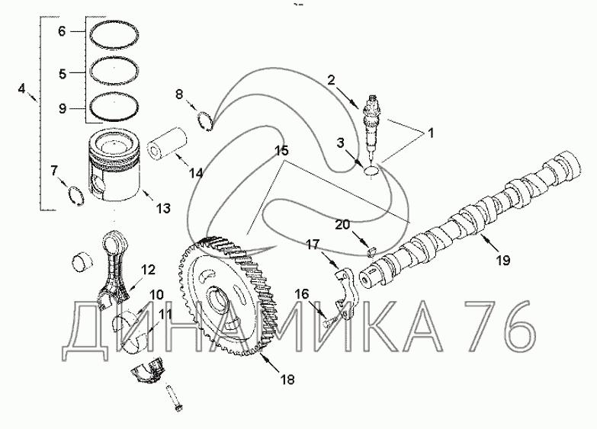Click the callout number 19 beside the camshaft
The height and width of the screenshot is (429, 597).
[x=503, y=261]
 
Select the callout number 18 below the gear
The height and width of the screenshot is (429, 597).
[x=287, y=379]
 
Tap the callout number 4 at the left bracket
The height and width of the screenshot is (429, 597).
[x=21, y=88]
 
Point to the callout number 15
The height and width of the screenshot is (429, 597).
[x=282, y=150]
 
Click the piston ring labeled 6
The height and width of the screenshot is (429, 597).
[x=114, y=34]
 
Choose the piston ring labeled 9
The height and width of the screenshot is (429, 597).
[x=114, y=107]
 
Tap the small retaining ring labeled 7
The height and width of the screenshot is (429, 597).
[x=75, y=195]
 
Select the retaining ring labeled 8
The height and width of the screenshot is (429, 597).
[x=205, y=120]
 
